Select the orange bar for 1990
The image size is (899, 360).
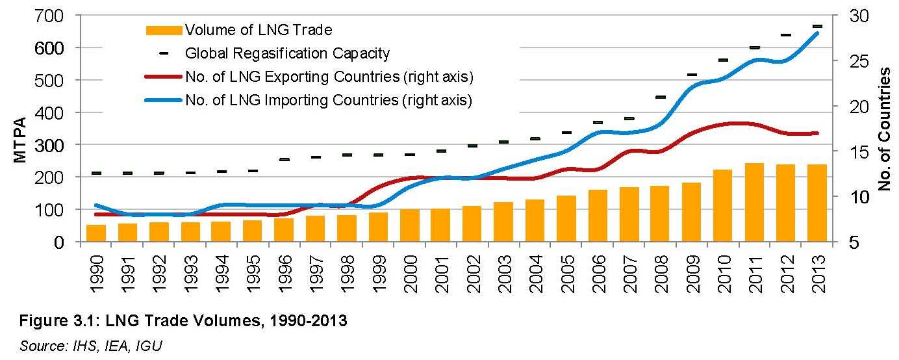(x=96, y=233)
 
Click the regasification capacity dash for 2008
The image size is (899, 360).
(x=661, y=97)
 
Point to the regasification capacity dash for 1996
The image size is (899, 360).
(x=285, y=159)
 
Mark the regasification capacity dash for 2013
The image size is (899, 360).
(x=817, y=26)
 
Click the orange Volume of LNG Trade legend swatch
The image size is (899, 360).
(x=164, y=30)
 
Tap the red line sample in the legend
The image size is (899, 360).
(x=164, y=77)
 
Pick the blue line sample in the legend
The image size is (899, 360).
(x=164, y=100)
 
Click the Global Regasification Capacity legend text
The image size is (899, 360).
(x=287, y=53)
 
